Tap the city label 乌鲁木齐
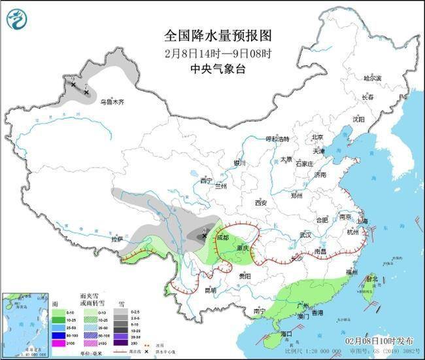point(112,102)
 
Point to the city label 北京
point(318,137)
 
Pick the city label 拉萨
point(117,240)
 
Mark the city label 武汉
point(305,234)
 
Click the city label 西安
point(262,202)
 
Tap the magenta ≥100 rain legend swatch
point(58,342)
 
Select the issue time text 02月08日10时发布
point(379,341)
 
